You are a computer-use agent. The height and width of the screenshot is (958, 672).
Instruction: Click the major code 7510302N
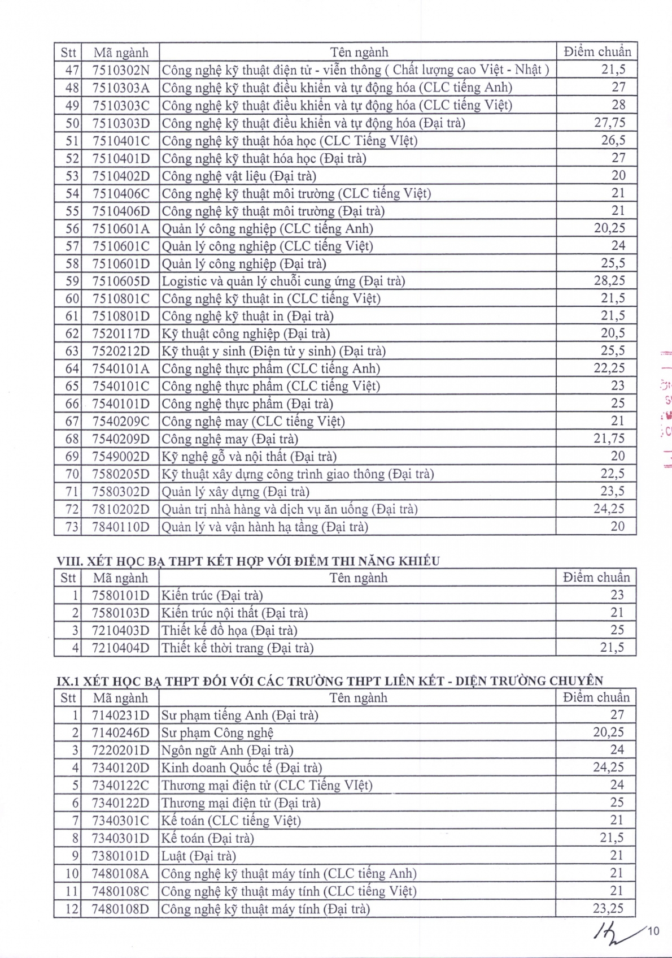[121, 70]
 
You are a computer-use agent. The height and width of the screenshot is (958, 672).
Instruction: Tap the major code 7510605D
[121, 281]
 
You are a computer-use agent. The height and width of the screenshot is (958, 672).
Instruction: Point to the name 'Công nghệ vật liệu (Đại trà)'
[239, 176]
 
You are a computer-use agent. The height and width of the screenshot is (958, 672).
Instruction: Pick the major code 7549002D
[121, 456]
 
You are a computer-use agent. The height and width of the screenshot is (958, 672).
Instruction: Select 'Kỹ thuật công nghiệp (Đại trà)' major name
[246, 333]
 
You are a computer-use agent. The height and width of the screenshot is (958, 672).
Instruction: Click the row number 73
[72, 527]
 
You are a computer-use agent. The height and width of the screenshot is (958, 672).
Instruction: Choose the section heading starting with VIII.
[248, 561]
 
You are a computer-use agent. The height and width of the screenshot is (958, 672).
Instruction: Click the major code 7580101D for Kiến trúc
[121, 595]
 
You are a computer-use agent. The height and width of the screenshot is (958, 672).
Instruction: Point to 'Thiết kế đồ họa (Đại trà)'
[229, 630]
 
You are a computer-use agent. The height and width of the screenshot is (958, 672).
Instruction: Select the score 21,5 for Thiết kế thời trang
[612, 648]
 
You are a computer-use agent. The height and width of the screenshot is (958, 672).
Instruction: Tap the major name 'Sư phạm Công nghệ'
[217, 733]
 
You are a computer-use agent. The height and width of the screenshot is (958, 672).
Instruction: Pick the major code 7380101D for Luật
[121, 856]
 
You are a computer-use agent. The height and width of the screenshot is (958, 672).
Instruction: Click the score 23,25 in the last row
[608, 909]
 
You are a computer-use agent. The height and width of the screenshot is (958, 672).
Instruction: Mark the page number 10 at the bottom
[653, 931]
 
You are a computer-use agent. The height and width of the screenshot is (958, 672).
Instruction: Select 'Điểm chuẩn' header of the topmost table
[597, 52]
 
